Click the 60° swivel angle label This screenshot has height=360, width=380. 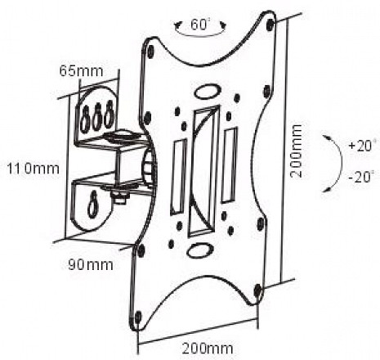click(200, 25)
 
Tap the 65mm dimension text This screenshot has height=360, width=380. click(82, 71)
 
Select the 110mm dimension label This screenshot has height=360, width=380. click(33, 169)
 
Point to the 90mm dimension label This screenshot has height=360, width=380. click(90, 264)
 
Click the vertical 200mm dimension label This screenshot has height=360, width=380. click(296, 151)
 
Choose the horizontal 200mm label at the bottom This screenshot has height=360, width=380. click(208, 349)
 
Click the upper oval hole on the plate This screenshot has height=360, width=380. click(208, 92)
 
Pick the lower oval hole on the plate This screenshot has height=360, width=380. click(200, 250)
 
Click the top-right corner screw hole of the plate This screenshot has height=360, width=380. click(270, 24)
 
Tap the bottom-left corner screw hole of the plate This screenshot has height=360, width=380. click(138, 317)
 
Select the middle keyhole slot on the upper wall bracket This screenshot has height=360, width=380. click(96, 117)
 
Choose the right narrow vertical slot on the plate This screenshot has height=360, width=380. click(230, 165)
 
